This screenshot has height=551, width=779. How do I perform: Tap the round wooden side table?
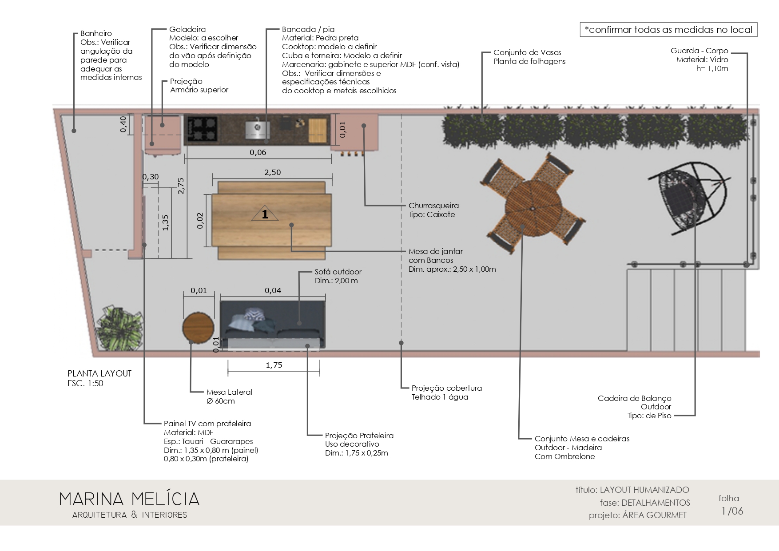point(198,327)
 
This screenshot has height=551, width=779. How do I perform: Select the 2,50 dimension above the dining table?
point(273,172)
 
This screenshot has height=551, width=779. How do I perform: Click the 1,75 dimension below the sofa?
point(274,365)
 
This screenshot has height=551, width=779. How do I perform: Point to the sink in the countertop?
point(258,128)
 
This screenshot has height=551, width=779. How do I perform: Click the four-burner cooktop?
point(202,129)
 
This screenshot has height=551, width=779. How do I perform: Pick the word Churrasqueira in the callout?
point(433,206)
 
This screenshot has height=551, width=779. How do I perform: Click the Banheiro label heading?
point(96,33)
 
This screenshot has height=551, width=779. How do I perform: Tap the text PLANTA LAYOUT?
point(99,373)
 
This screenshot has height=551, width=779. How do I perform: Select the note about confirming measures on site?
point(668,30)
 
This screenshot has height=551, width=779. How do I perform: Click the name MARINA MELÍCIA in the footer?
point(130,499)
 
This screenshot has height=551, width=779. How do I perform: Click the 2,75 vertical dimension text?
point(181,186)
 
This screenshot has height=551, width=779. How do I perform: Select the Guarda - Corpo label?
point(700,51)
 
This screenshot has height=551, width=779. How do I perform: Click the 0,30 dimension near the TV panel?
point(151,177)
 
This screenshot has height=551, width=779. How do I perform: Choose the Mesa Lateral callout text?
point(229,392)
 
